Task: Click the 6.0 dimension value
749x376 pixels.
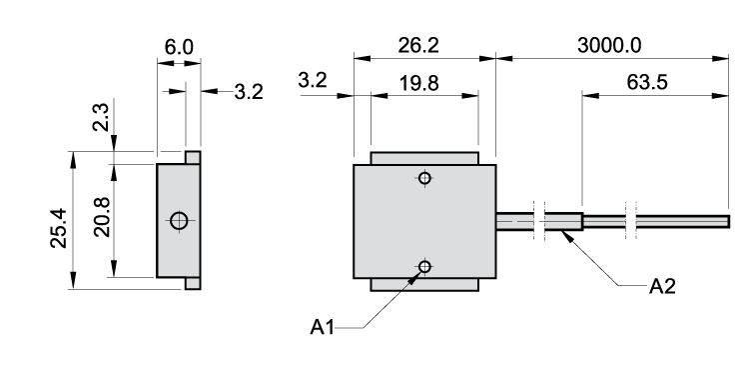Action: (179, 48)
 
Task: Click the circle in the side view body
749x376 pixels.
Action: (179, 220)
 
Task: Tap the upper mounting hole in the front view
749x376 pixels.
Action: (425, 179)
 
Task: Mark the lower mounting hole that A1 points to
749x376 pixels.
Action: (425, 266)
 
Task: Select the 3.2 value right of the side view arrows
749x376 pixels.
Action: (249, 92)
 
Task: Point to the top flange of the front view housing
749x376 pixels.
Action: (424, 158)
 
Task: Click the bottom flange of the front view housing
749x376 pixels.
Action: (424, 284)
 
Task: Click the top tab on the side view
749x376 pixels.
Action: (193, 157)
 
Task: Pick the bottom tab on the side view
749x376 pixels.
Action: (193, 284)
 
